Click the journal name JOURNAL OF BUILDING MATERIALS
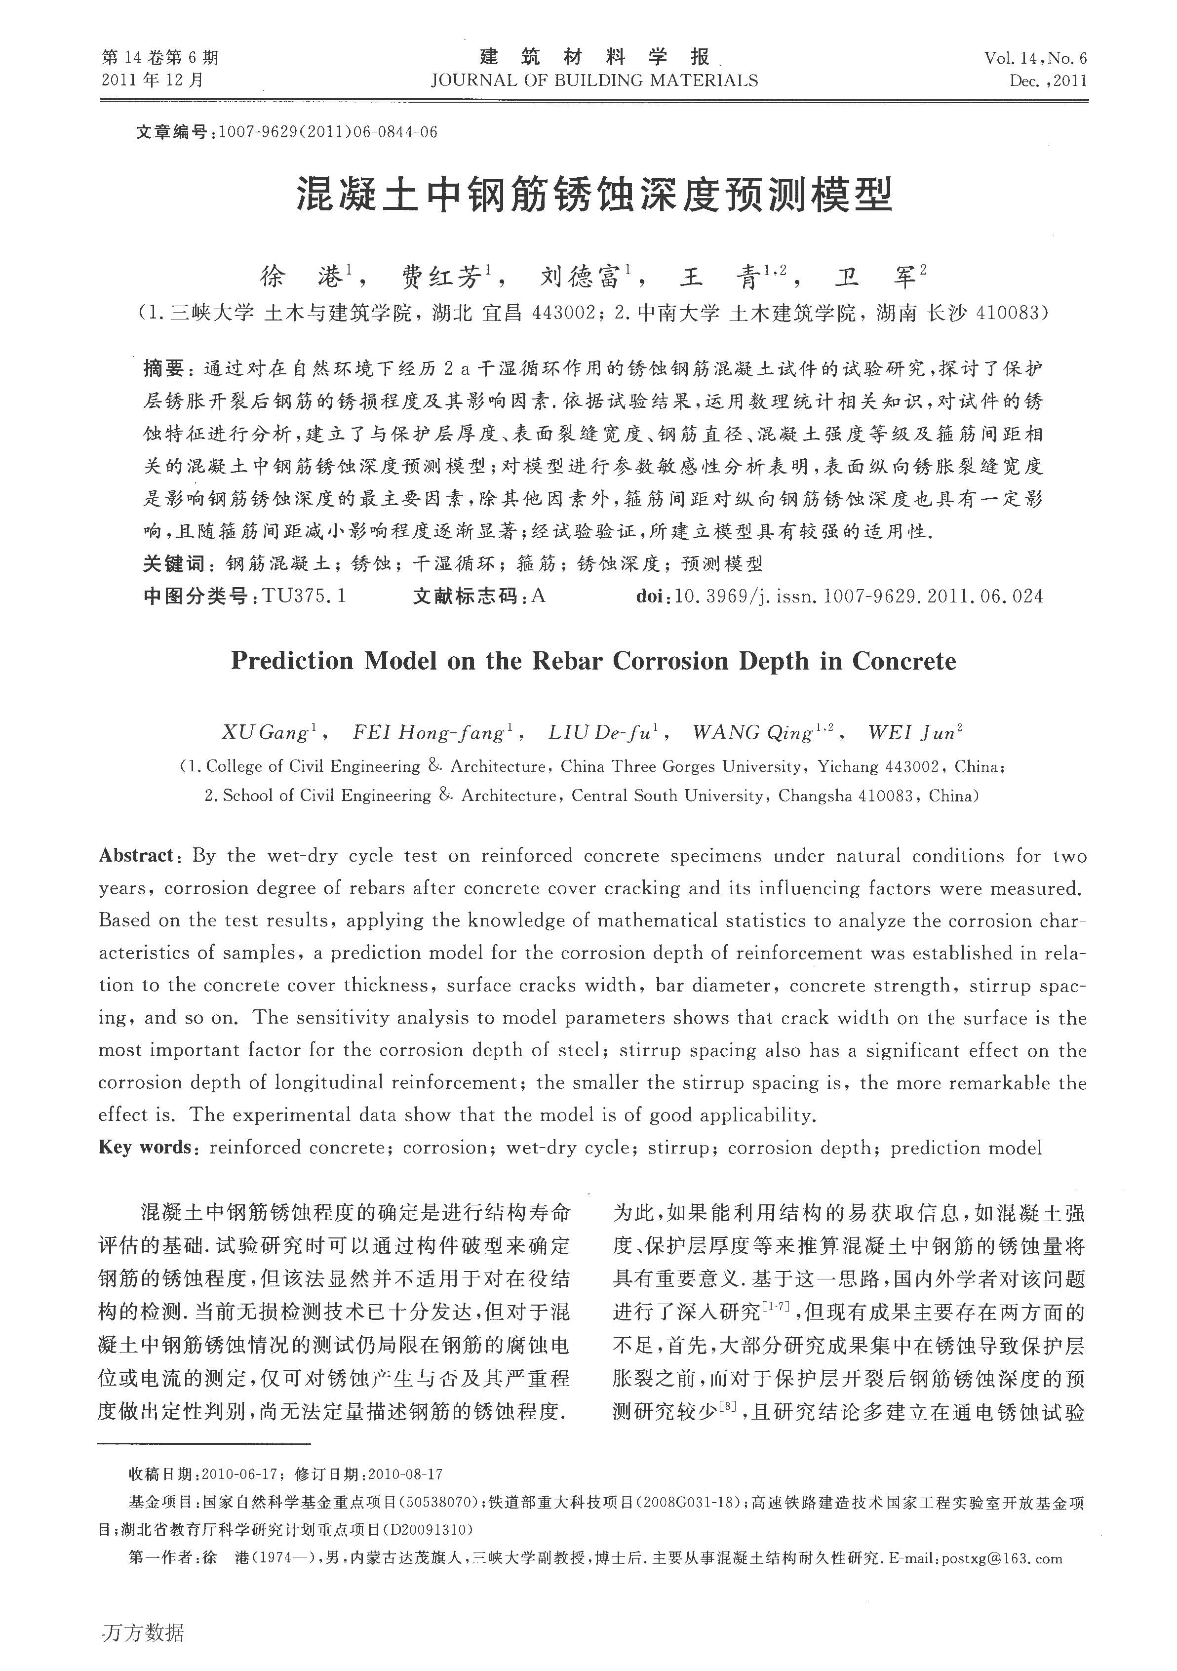pyautogui.click(x=594, y=80)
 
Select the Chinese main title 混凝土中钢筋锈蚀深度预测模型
pyautogui.click(x=594, y=195)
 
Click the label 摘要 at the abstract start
pyautogui.click(x=164, y=369)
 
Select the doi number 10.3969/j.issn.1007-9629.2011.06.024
pyautogui.click(x=859, y=597)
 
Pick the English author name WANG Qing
pyautogui.click(x=753, y=733)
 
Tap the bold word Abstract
pyautogui.click(x=136, y=856)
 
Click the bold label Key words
pyautogui.click(x=146, y=1148)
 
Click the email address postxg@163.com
pyautogui.click(x=1002, y=1559)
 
